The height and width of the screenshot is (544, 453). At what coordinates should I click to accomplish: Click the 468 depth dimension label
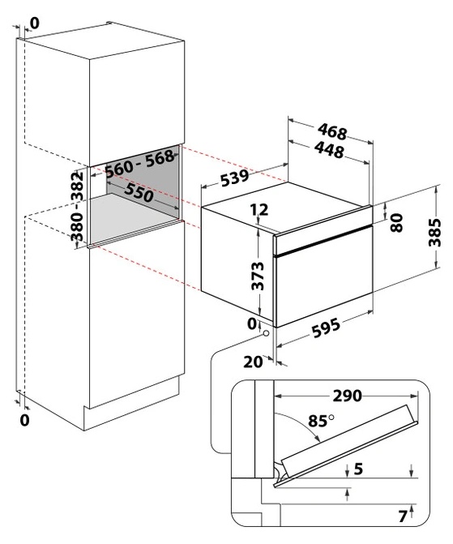[x=332, y=131]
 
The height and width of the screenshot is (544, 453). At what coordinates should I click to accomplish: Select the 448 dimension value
[x=329, y=150]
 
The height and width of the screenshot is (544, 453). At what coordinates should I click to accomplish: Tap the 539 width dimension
[x=235, y=178]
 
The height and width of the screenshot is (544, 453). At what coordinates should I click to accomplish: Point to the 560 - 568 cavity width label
[x=139, y=163]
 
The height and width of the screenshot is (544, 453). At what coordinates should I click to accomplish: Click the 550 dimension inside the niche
[x=139, y=192]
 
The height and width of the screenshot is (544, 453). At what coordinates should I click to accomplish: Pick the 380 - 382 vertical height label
[x=77, y=206]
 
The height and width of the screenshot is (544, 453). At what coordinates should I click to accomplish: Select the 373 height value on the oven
[x=258, y=276]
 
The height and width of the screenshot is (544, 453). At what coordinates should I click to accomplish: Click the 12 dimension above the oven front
[x=259, y=209]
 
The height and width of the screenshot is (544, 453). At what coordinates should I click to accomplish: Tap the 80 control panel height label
[x=396, y=222]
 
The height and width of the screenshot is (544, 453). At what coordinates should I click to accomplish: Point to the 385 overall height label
[x=434, y=232]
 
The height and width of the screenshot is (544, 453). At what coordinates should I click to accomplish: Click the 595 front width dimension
[x=326, y=328]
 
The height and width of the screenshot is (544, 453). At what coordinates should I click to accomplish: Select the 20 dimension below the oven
[x=253, y=362]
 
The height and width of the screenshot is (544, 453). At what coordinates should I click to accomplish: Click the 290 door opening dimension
[x=347, y=396]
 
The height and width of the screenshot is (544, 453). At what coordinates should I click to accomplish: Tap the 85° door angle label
[x=320, y=421]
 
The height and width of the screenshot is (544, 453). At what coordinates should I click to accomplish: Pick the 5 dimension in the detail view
[x=358, y=469]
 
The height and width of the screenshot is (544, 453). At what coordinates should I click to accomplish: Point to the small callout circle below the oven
[x=267, y=333]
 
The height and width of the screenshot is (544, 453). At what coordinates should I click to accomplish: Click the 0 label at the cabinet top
[x=35, y=23]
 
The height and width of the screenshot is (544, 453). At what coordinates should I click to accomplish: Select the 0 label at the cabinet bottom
[x=24, y=421]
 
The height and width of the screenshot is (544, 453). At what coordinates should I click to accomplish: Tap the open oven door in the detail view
[x=347, y=446]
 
